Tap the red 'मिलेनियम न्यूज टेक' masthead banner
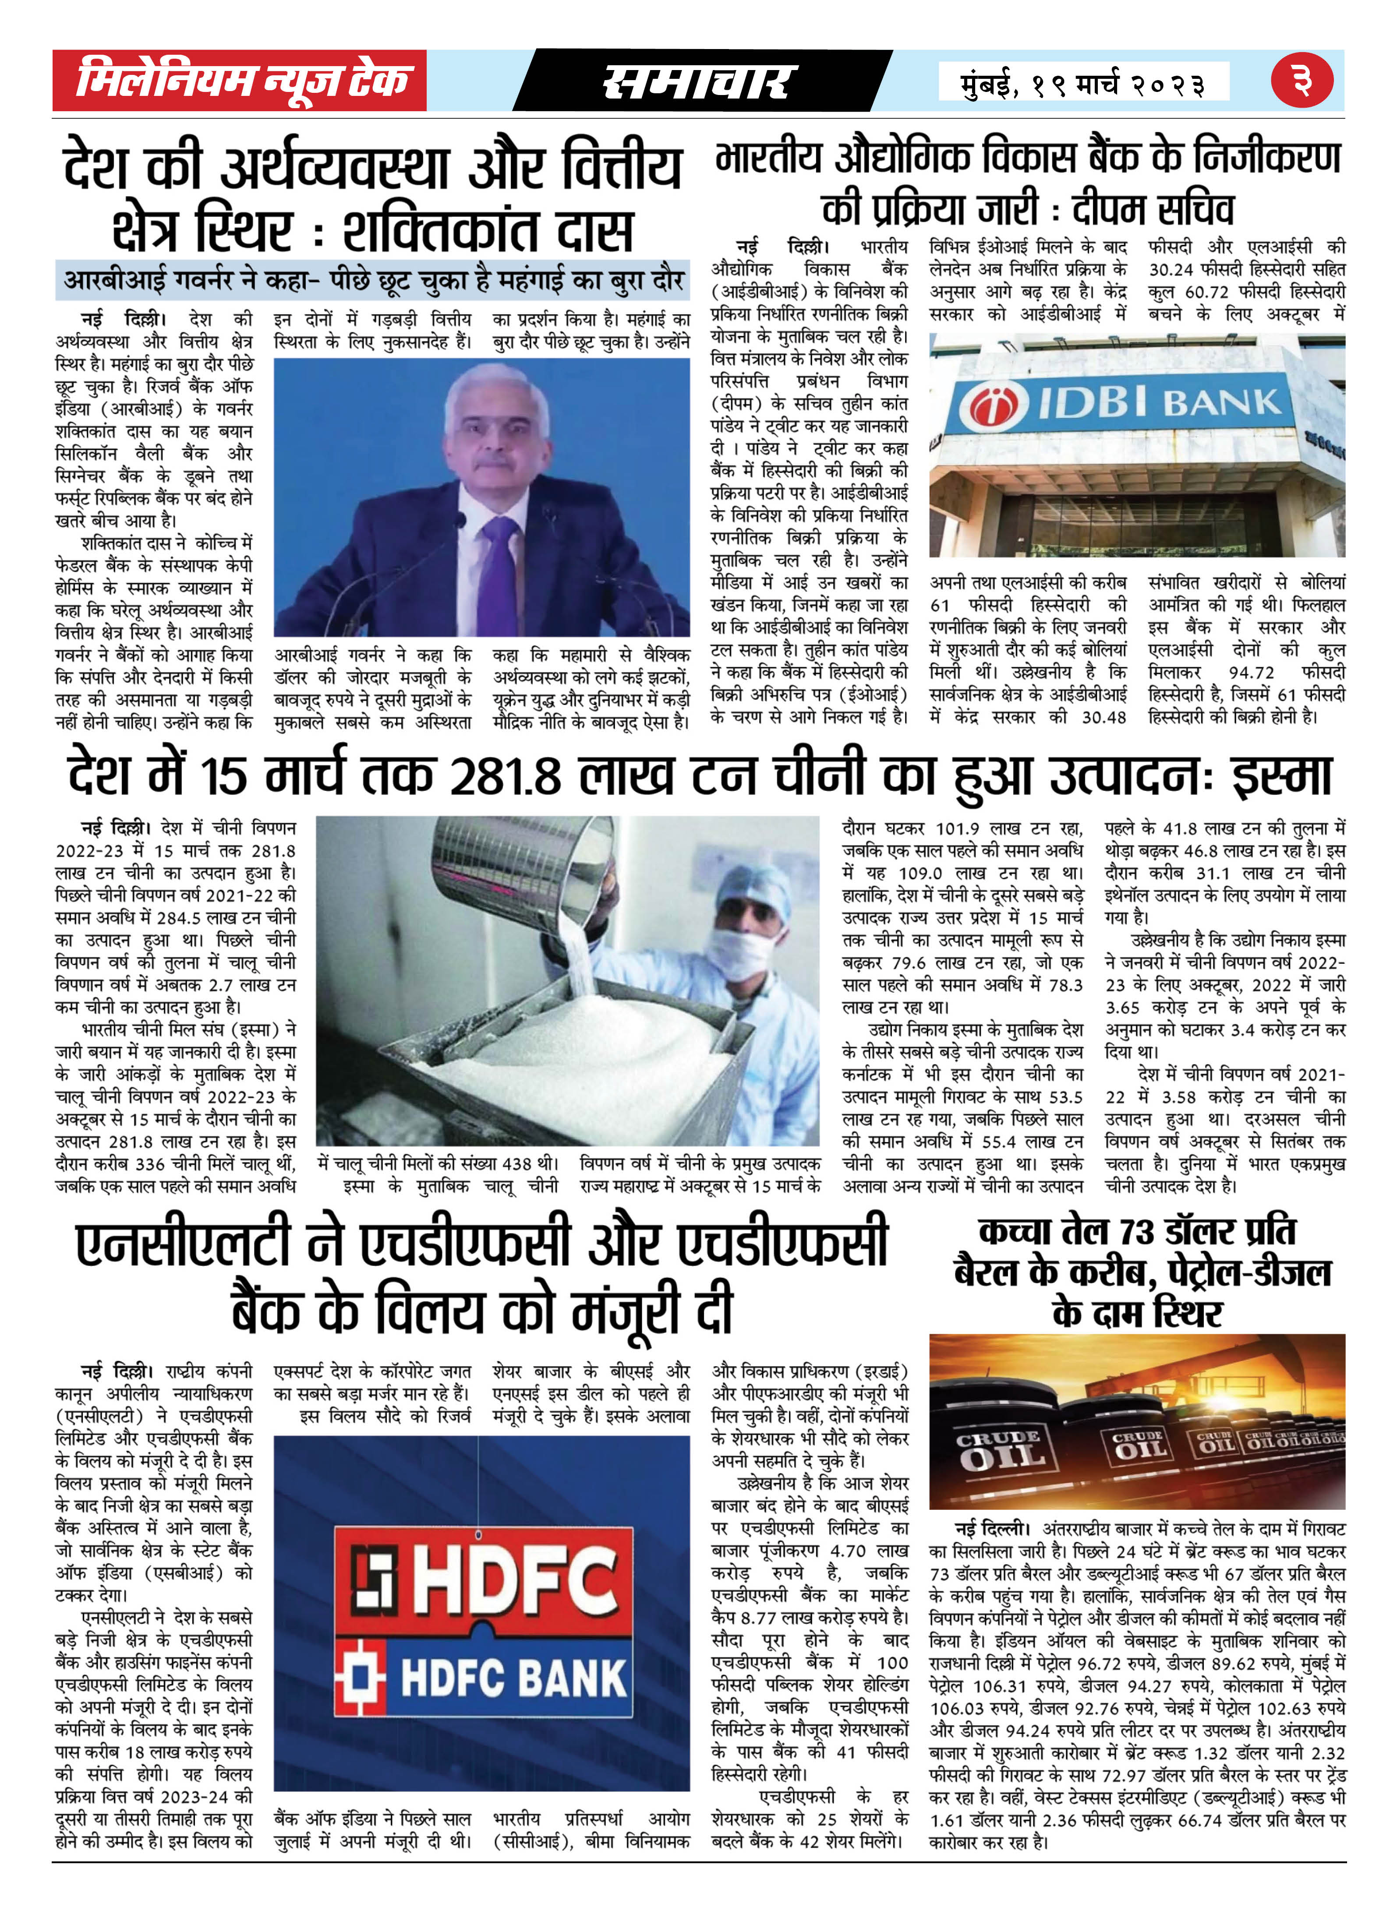(x=239, y=80)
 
